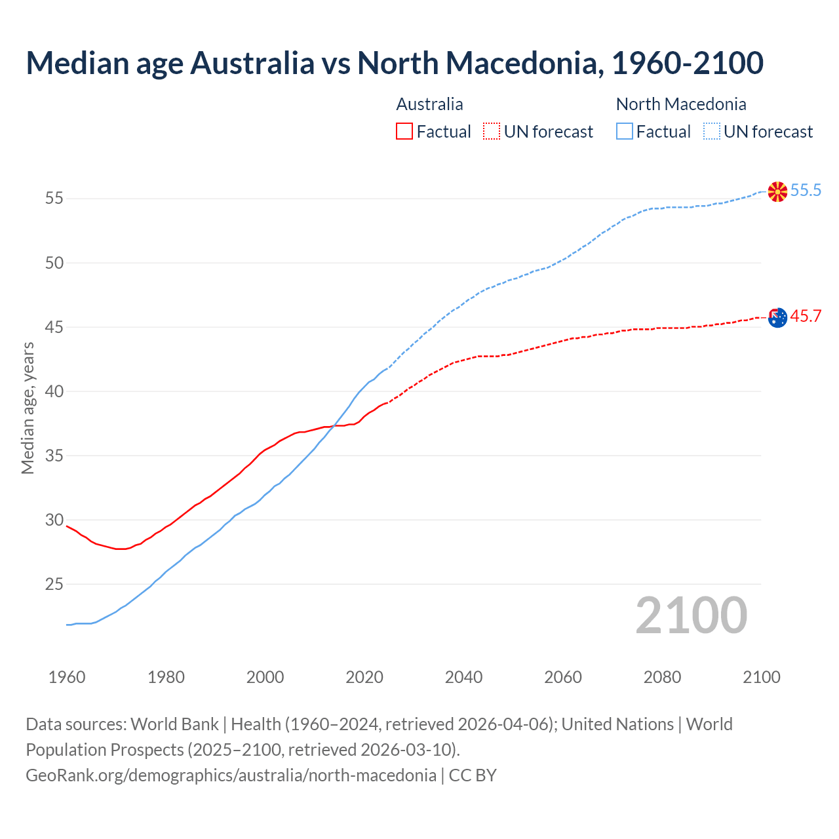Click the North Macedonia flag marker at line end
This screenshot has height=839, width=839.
(x=777, y=191)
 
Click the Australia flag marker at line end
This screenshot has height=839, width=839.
(x=777, y=317)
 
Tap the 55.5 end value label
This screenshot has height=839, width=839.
(x=806, y=191)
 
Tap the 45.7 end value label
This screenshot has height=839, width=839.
(x=806, y=317)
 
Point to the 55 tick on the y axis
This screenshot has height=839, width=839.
(x=54, y=198)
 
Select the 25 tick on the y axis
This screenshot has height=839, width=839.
(x=54, y=583)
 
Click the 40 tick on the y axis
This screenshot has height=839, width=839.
(x=54, y=391)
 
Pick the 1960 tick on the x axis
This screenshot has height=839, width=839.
(x=67, y=677)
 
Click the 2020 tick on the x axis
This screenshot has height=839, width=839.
(x=364, y=677)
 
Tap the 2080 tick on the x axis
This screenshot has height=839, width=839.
(x=662, y=677)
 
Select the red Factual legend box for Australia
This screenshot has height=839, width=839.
(x=404, y=132)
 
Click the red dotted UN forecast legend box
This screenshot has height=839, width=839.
(x=492, y=132)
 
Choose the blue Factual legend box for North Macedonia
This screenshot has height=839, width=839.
(x=625, y=132)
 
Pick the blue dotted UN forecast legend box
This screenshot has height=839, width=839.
(x=711, y=132)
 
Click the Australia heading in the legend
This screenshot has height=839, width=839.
(x=429, y=104)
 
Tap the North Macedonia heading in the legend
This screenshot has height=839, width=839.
(x=681, y=104)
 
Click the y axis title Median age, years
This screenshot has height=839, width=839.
(x=28, y=408)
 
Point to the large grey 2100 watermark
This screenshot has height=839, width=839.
(x=691, y=615)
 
